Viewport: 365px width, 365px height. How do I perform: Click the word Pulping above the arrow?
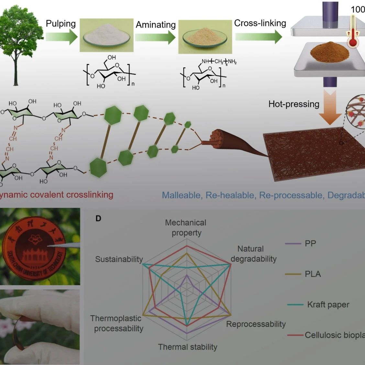(61, 24)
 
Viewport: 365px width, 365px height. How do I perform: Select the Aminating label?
(156, 25)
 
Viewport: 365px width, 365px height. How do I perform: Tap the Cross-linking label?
(260, 23)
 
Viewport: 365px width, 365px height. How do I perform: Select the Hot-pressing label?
(294, 104)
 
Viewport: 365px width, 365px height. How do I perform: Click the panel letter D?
(98, 218)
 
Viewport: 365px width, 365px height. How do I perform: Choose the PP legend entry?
(310, 243)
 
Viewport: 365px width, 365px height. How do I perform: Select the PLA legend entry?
(313, 274)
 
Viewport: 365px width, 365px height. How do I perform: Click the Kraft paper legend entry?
(328, 304)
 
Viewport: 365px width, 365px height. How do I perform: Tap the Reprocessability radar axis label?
(256, 324)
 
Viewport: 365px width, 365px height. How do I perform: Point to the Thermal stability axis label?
(188, 347)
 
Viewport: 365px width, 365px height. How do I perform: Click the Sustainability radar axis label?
(119, 259)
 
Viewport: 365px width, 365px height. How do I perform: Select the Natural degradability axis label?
(253, 254)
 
